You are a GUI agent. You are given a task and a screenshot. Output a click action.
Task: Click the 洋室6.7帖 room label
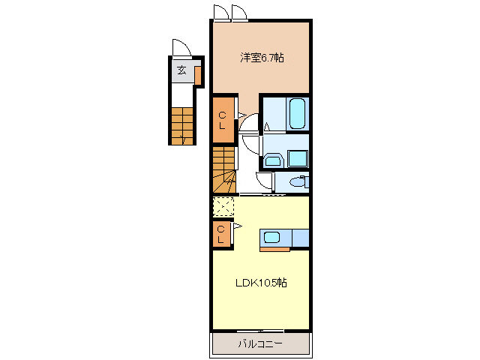tap(262, 58)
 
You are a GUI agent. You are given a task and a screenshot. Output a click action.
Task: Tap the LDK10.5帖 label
tap(261, 283)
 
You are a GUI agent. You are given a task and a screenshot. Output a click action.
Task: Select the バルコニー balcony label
tap(260, 343)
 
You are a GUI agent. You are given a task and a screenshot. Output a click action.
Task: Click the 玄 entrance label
tap(181, 70)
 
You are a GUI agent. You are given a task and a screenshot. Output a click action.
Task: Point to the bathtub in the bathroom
tap(297, 113)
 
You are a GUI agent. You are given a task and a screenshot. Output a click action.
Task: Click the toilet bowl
tap(296, 182)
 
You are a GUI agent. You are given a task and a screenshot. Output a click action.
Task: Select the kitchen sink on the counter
tap(271, 237)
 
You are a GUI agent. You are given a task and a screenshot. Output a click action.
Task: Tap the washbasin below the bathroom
tap(273, 160)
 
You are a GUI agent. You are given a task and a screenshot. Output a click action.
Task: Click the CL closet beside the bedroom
tap(223, 119)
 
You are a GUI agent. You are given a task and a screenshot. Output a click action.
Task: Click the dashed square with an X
tap(223, 207)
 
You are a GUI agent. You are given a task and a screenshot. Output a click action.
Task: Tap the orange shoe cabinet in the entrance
tap(198, 76)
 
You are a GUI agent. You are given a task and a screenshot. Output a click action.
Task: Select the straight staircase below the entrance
tap(182, 126)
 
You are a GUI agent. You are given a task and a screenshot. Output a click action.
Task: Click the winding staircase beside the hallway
tap(224, 170)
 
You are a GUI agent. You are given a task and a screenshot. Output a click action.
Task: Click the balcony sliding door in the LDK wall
tap(260, 331)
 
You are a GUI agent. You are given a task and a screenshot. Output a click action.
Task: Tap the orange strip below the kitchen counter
tap(274, 250)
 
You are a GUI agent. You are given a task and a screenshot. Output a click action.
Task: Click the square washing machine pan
tap(298, 159)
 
